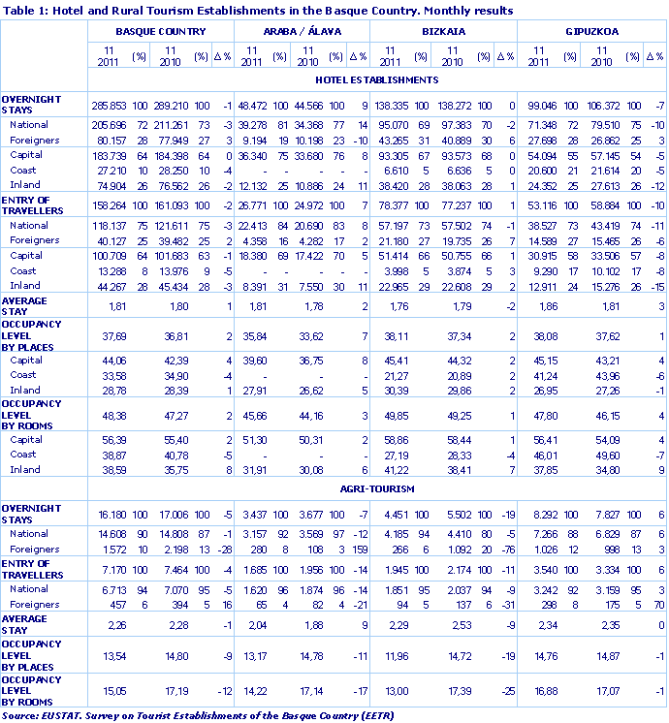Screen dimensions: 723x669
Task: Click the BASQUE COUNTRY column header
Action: click(160, 31)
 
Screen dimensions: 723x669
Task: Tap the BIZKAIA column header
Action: click(444, 31)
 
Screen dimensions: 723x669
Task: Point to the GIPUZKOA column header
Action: click(592, 31)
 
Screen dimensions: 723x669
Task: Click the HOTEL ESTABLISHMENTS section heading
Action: click(377, 79)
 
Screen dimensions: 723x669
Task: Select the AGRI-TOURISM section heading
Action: click(377, 488)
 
